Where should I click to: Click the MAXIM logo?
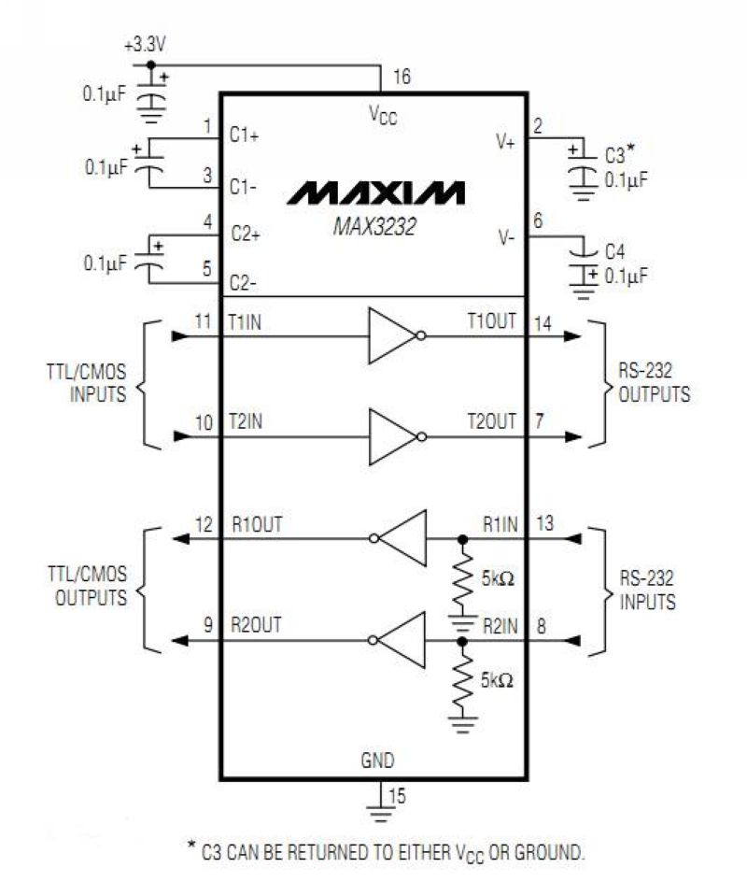coord(375,192)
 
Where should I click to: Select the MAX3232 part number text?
coord(374,226)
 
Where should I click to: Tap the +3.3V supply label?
coord(145,45)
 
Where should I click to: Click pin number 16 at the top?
coord(402,76)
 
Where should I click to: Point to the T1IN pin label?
coord(245,322)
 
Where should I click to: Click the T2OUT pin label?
coord(492,421)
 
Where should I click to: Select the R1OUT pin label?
coord(257,524)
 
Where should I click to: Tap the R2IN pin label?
coord(500,626)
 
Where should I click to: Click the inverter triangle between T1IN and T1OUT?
coord(392,335)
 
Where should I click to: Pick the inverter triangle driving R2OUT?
coord(402,640)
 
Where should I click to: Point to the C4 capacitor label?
coord(615,251)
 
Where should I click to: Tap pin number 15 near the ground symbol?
coord(397,795)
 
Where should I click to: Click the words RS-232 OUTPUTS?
coord(654,382)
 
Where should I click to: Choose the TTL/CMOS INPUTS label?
coord(87,382)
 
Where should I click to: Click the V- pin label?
coord(506,237)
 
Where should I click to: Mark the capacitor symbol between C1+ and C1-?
coord(149,162)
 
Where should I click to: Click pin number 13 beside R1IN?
coord(544,523)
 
